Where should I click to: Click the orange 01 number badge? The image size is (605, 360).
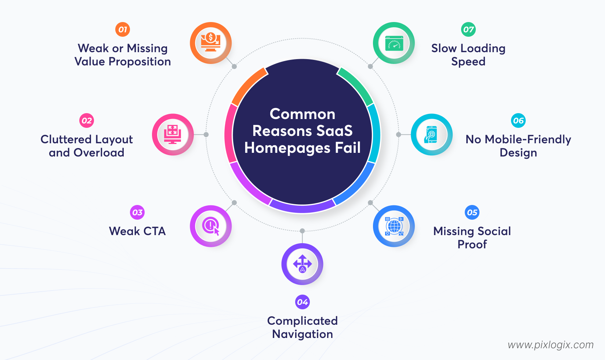click(123, 29)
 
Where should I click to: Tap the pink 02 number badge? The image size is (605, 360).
click(87, 120)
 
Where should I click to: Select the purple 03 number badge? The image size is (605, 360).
click(137, 212)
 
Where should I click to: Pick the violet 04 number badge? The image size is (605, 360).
click(302, 302)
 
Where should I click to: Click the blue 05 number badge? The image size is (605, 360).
click(472, 212)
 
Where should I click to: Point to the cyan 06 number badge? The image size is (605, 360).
click(518, 120)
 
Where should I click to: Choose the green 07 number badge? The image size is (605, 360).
click(468, 29)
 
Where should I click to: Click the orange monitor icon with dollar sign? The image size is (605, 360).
click(211, 43)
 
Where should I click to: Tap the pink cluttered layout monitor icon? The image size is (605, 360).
click(173, 134)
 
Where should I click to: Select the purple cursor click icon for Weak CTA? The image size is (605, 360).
click(211, 226)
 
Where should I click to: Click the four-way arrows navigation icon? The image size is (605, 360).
click(302, 264)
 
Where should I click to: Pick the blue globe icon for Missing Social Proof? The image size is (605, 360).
click(394, 226)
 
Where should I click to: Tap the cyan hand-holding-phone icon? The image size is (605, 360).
click(431, 134)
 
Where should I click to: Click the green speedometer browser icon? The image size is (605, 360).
click(394, 43)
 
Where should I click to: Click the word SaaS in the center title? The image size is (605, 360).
click(334, 131)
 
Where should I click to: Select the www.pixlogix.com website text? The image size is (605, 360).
click(550, 345)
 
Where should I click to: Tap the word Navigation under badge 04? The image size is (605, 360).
click(302, 334)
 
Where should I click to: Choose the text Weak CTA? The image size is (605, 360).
click(137, 231)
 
